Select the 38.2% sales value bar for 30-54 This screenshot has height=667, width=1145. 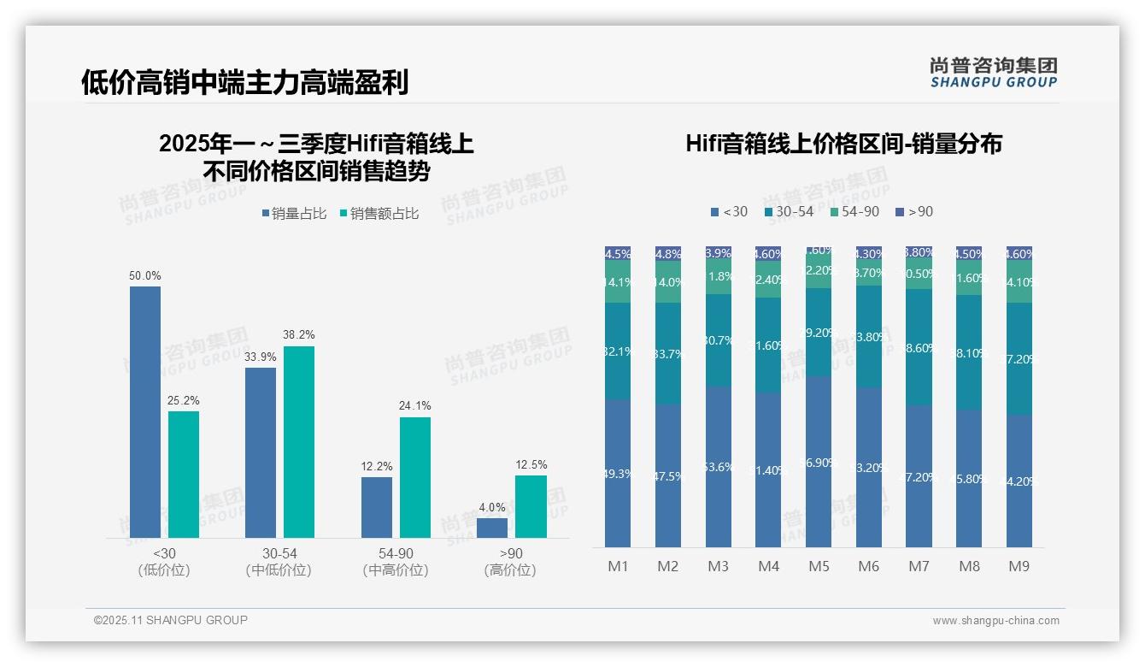point(299,441)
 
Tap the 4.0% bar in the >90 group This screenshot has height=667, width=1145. point(492,528)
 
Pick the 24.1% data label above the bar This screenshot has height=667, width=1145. point(414,405)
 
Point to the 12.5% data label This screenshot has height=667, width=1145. point(531,464)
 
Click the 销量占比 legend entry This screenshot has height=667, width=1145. point(294,214)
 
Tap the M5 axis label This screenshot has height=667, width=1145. point(819,566)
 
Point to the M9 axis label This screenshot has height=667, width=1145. point(1019,566)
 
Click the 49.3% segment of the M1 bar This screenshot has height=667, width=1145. point(618,473)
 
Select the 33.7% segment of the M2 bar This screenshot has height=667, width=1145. point(668,353)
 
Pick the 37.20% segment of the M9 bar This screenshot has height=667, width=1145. point(1019,359)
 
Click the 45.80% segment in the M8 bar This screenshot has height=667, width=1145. point(969,478)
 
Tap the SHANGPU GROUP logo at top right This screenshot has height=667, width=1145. point(993,73)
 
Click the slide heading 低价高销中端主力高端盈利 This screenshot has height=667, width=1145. point(244,82)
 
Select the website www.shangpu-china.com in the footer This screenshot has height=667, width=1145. point(995,621)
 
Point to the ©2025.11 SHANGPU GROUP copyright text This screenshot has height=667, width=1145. point(171,620)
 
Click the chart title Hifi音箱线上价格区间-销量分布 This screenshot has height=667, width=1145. point(843,144)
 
